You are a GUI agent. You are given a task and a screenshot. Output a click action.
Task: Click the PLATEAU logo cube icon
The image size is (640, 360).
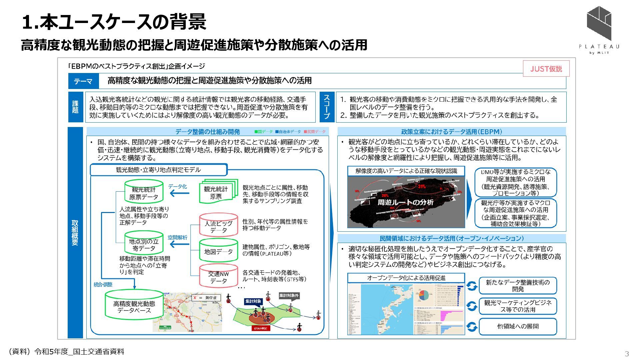599,23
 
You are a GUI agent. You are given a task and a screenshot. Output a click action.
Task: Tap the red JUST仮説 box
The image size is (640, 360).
546,69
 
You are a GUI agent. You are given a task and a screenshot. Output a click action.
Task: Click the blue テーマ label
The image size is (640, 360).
83,81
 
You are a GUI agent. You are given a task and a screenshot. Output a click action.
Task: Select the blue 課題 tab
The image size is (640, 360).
76,107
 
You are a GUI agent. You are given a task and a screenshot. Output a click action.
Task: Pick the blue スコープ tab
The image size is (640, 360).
327,107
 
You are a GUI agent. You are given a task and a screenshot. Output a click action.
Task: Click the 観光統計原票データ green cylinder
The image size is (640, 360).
144,192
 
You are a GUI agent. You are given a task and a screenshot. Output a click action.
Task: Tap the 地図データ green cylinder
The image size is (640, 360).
218,252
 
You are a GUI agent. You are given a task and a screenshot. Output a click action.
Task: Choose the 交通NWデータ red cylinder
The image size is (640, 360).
218,277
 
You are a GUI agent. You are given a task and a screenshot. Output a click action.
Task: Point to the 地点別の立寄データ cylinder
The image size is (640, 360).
144,244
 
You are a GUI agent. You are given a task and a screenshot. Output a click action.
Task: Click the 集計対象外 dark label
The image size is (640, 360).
289,296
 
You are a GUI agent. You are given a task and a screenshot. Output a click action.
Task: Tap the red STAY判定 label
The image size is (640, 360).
261,328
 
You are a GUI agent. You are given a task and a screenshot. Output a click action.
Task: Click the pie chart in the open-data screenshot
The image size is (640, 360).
424,295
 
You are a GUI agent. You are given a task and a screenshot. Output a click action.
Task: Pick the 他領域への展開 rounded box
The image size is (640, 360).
518,326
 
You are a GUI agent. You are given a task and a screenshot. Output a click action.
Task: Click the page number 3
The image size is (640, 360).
627,353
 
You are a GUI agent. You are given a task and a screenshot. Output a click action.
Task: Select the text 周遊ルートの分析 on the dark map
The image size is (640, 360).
405,202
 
